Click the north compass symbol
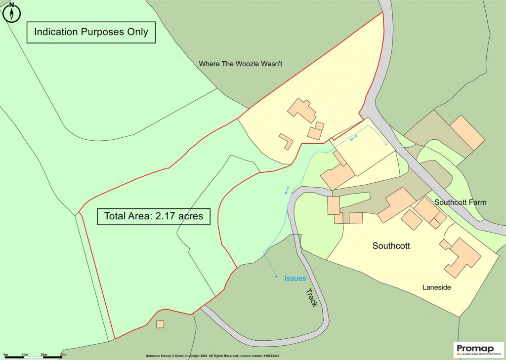point(11,13)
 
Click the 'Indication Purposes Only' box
point(91,32)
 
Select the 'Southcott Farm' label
point(460,202)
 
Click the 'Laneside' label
point(436,287)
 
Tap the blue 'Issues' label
point(295,279)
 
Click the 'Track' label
point(311,297)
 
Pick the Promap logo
point(479,350)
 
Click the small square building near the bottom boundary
point(160,324)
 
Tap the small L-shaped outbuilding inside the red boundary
point(286,141)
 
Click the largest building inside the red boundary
point(302,110)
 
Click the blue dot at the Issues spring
point(276,277)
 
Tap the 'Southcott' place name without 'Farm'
point(391,245)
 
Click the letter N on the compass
point(11,5)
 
